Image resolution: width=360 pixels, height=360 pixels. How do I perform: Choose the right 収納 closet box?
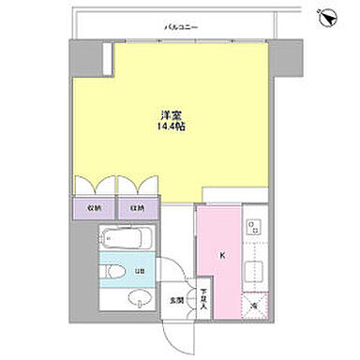138,208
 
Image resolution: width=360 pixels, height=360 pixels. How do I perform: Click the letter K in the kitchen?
222,254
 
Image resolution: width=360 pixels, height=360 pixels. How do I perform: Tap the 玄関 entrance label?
175,301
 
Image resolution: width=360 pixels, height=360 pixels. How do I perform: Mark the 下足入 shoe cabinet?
204,299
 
